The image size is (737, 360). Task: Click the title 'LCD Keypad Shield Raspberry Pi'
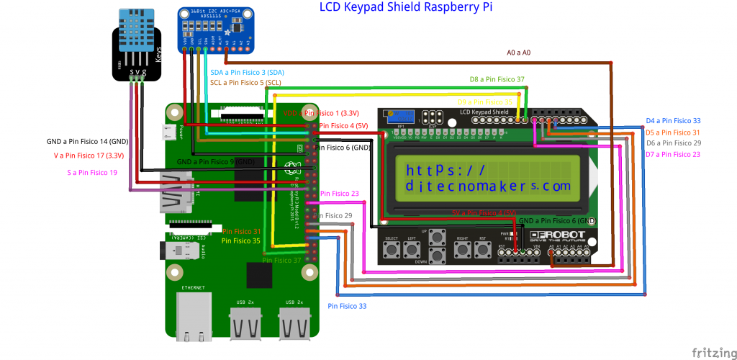coord(406,7)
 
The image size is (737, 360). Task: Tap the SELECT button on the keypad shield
coord(392,250)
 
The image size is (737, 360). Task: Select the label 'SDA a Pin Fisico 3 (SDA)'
coord(247,73)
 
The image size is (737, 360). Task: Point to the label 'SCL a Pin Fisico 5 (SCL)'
coord(245,83)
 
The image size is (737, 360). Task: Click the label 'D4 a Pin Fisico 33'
coord(673,121)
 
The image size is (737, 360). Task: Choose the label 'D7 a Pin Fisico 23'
coord(673,154)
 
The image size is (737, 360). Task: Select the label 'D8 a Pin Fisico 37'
coord(497,79)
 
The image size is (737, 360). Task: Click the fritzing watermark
coord(713,352)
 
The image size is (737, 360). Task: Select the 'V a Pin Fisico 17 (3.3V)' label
coord(89,155)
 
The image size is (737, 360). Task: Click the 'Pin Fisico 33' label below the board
coord(347,306)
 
